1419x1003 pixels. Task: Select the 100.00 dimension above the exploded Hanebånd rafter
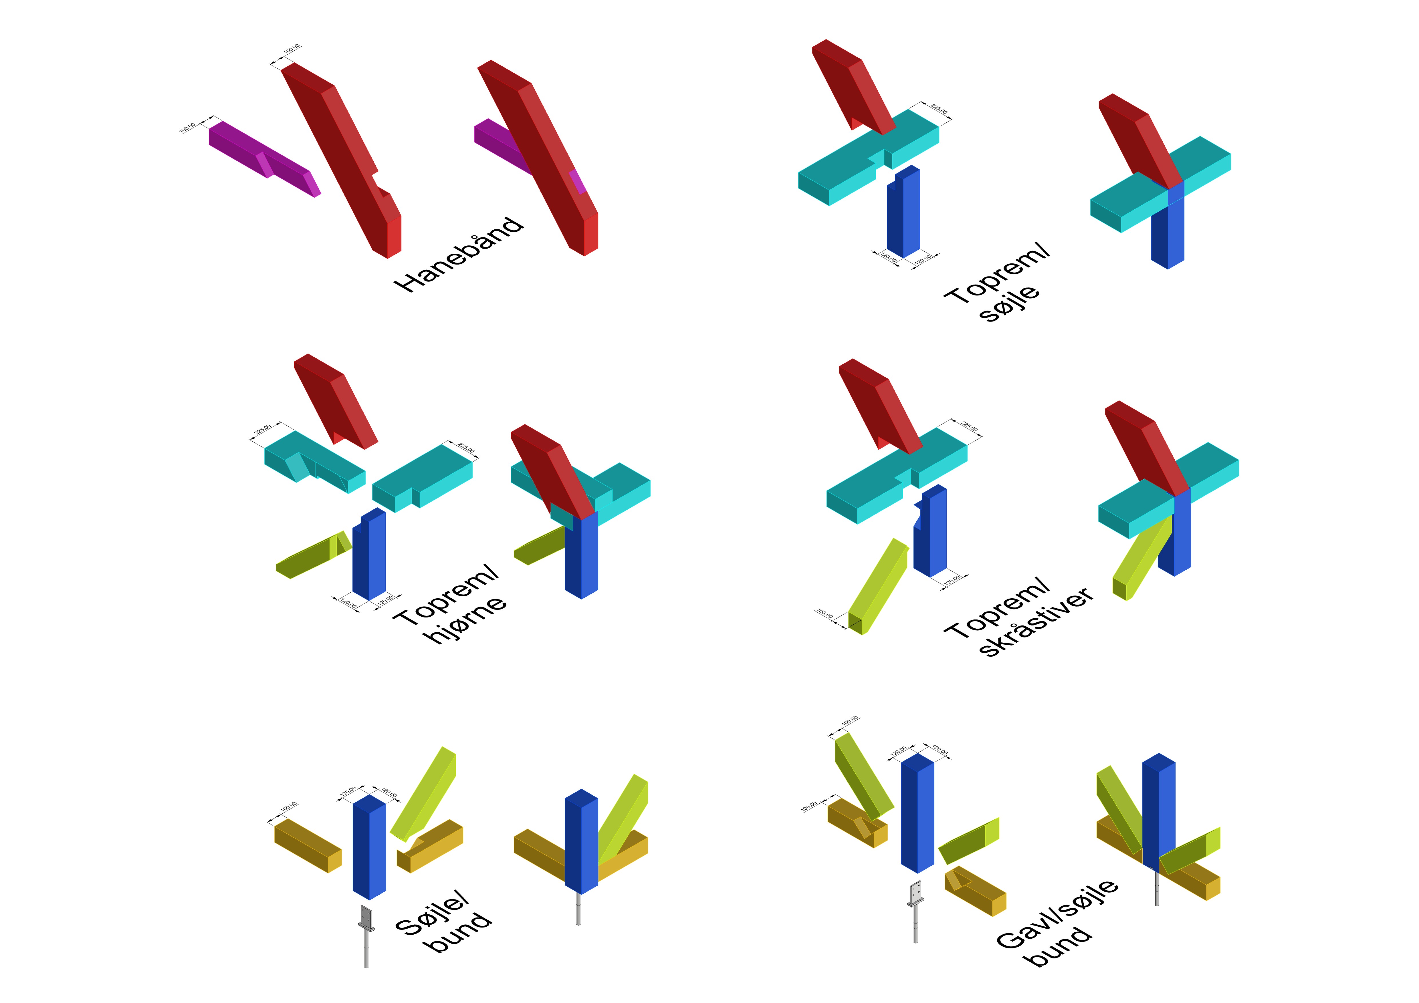point(292,49)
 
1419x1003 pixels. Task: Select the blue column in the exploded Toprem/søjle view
point(903,213)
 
